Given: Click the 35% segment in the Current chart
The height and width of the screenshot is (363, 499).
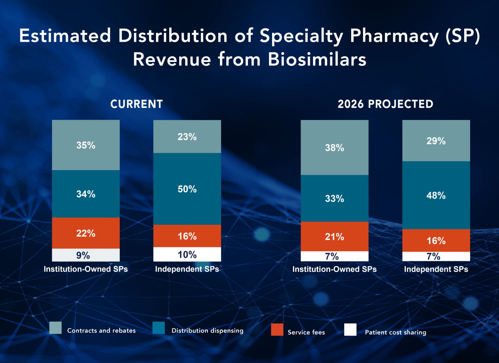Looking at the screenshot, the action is tap(86, 145).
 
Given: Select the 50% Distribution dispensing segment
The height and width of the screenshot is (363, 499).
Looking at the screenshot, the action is tap(187, 189).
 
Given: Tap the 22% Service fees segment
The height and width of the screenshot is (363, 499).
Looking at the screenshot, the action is tap(86, 233).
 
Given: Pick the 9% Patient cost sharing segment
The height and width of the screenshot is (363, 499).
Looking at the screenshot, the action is tap(86, 255).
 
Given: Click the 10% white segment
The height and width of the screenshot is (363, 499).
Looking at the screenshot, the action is tap(187, 254).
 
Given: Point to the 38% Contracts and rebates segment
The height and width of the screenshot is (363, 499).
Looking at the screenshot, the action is tap(334, 148).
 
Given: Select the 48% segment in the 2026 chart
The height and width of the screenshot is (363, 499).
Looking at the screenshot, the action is tap(436, 195).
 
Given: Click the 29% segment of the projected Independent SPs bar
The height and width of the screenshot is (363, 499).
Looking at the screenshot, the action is tap(436, 141).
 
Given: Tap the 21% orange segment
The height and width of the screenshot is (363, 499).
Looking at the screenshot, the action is tap(334, 236).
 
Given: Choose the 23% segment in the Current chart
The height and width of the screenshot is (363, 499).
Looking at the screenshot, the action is tap(187, 137).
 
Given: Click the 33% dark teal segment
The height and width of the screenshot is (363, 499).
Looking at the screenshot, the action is tap(334, 198).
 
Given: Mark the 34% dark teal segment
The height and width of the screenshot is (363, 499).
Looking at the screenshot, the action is tap(86, 194).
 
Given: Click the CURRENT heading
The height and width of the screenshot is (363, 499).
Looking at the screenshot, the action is tap(136, 104).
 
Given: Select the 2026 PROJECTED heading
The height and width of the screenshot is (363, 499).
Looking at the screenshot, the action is tap(385, 104).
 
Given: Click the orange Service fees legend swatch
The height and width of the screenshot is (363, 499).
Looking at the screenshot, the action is tap(277, 330).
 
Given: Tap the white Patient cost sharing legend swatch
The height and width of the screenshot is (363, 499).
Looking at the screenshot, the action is tap(350, 330).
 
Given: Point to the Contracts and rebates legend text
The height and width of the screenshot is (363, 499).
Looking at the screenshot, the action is tap(101, 331).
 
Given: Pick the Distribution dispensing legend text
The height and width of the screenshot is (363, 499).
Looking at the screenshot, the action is tap(207, 331).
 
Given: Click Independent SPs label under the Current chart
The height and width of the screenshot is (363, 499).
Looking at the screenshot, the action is tap(187, 269).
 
